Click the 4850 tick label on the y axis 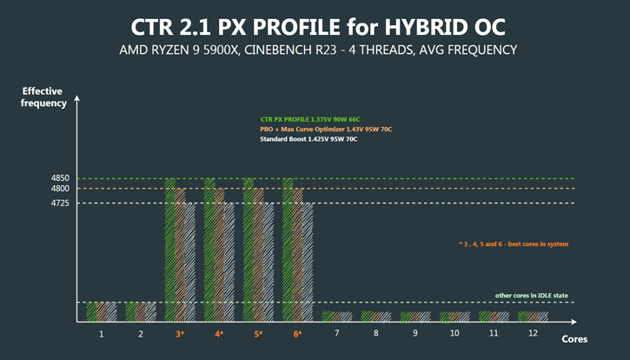(x=60, y=178)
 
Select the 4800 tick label (x=60, y=189)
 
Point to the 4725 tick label (x=60, y=203)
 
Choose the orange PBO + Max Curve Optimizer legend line (x=326, y=129)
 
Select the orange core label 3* (x=180, y=333)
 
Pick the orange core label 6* (x=298, y=333)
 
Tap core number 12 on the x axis (x=533, y=333)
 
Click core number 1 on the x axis (x=102, y=333)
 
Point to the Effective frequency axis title (x=44, y=97)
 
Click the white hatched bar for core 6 (x=308, y=262)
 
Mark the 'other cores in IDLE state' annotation (x=532, y=296)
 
